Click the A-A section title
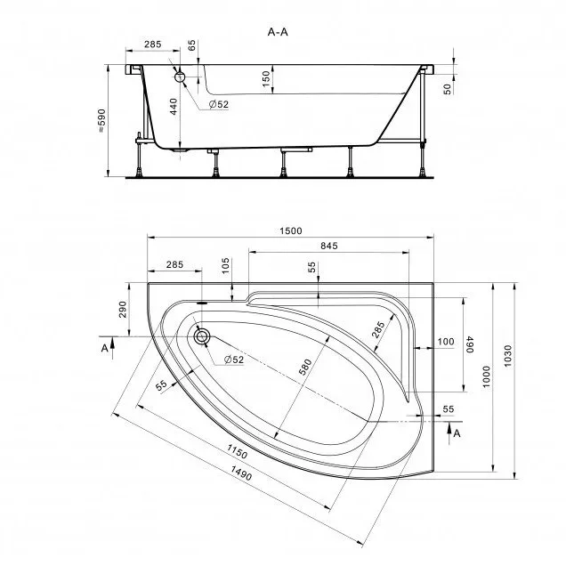point(278,32)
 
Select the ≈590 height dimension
point(102,120)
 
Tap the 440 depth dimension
point(174,107)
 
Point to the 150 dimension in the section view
point(266,78)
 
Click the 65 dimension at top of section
point(191,45)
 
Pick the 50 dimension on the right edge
point(448,89)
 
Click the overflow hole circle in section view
point(180,77)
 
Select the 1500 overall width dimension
point(291,231)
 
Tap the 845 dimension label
point(329,246)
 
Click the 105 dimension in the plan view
point(225,266)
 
